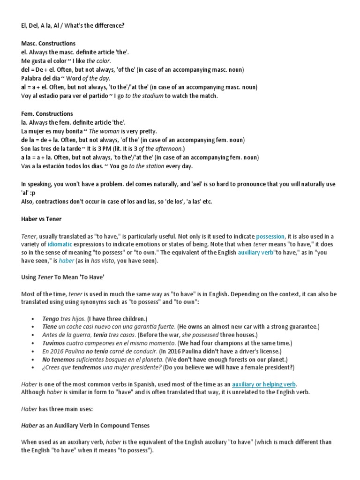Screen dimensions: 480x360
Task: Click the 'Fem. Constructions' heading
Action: [x=47, y=113]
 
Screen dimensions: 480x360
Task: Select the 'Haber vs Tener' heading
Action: [x=41, y=219]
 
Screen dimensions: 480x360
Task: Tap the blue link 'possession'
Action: [x=270, y=236]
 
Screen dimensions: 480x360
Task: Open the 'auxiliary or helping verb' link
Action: [x=264, y=384]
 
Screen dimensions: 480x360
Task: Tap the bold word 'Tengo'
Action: [x=51, y=319]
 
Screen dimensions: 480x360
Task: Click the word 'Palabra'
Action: [x=32, y=78]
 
